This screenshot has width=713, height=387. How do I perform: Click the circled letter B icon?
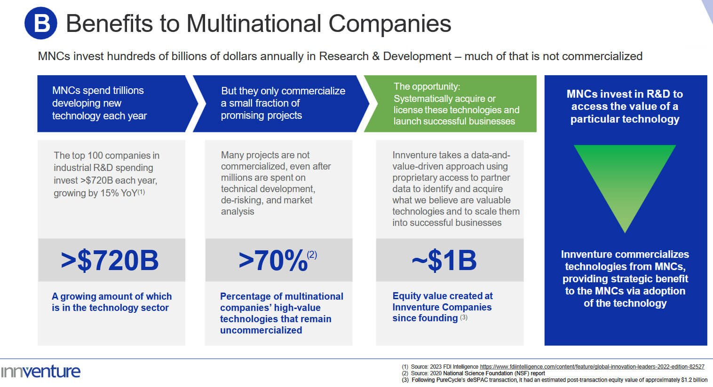pos(41,23)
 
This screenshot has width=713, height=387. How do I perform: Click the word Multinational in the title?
pos(254,23)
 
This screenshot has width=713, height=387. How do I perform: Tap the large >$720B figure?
pos(110,261)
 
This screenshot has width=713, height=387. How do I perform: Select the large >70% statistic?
pos(273,261)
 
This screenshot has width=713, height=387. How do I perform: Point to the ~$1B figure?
pos(444,261)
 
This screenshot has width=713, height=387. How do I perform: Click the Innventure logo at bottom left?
pos(40,372)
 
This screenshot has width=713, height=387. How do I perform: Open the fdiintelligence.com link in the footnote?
pos(592,367)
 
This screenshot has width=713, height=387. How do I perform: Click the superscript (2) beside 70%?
pos(312,255)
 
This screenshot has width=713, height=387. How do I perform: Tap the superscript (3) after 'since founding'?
pos(464,317)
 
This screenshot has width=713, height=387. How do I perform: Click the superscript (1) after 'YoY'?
pos(141,192)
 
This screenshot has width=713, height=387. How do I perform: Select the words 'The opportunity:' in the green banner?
pos(427,86)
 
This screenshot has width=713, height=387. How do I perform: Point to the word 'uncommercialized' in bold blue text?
pos(261,330)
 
